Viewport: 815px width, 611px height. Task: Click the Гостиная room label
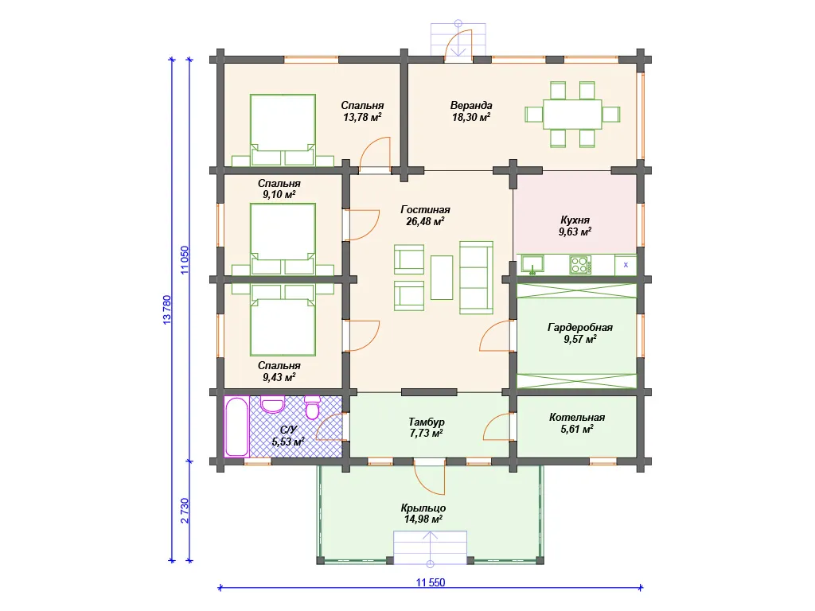tap(425, 210)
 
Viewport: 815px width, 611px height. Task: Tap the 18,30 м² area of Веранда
tap(471, 118)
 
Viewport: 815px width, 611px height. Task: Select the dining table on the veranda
tap(572, 115)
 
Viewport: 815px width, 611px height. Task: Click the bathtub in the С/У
tap(236, 426)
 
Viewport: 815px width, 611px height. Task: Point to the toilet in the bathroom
tap(312, 408)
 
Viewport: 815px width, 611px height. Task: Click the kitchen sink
tap(532, 264)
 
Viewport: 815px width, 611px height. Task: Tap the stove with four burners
tap(579, 265)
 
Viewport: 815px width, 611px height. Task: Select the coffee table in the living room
tap(442, 277)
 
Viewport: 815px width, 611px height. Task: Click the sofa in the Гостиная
tap(476, 278)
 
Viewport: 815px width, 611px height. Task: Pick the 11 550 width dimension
tap(431, 582)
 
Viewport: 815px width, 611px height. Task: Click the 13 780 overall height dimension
tap(167, 310)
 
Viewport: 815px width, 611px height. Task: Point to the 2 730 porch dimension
tap(185, 511)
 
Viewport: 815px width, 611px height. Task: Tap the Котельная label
tap(577, 417)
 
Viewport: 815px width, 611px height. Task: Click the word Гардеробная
tap(580, 327)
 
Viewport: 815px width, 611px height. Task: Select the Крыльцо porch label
tap(423, 508)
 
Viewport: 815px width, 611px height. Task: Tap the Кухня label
tap(575, 220)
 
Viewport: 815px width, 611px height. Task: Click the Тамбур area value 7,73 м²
tap(427, 434)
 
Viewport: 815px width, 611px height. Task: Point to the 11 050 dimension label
tap(185, 260)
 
